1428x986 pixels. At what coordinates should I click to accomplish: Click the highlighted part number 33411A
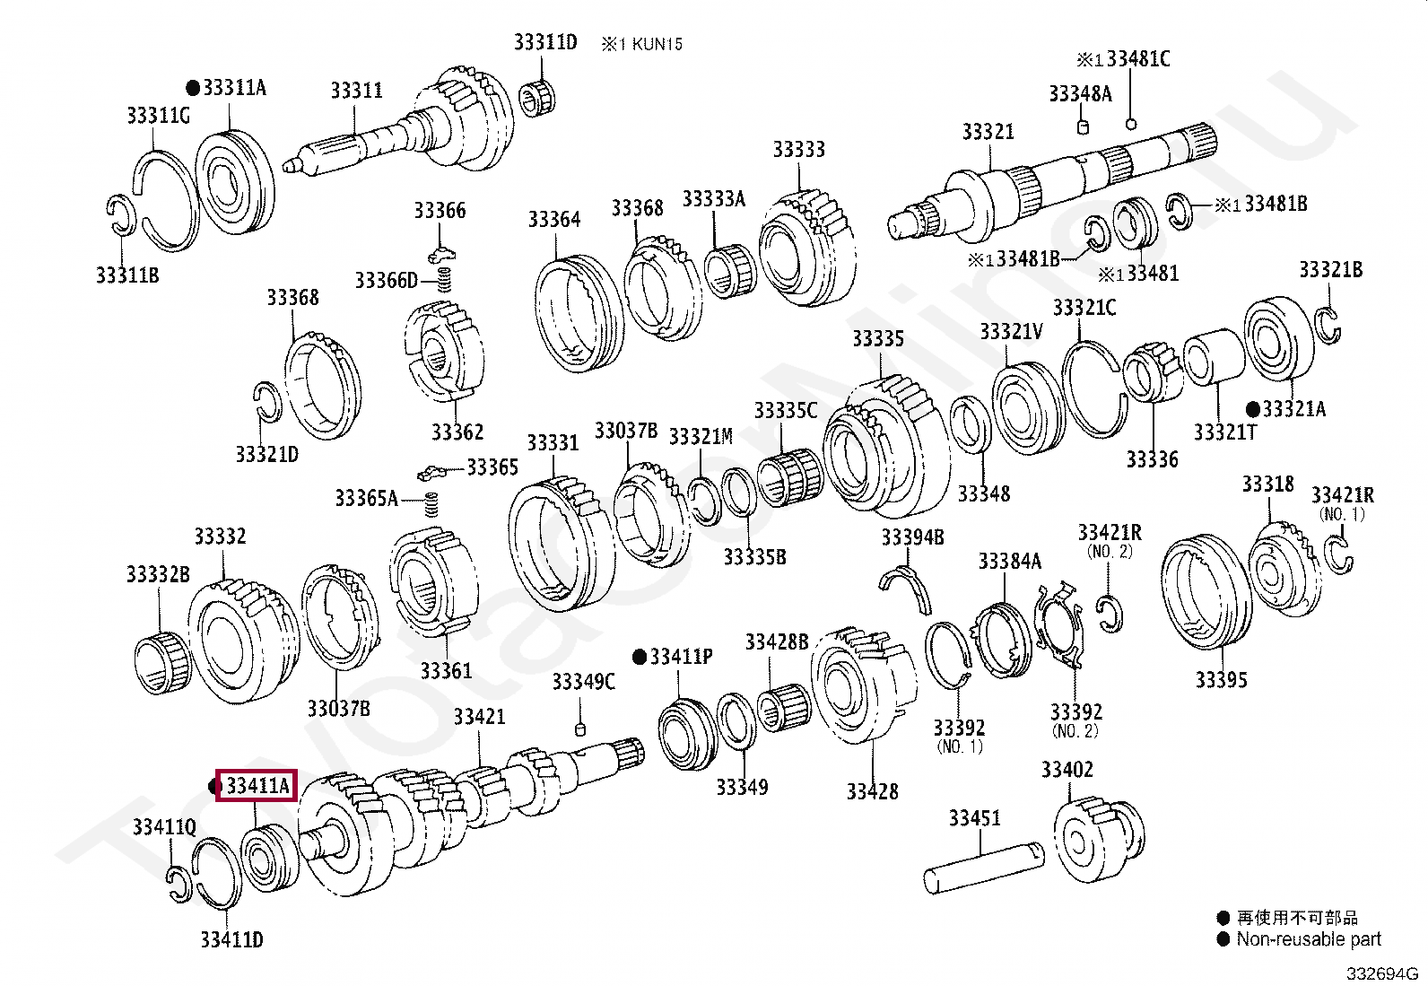[x=257, y=787]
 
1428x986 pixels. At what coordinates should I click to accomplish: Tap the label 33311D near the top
[x=545, y=41]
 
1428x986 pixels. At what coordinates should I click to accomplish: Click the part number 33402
[x=1067, y=770]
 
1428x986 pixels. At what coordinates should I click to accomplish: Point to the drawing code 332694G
[x=1380, y=973]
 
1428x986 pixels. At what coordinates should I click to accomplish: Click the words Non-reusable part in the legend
[x=1309, y=939]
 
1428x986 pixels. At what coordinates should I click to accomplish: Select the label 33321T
[x=1225, y=432]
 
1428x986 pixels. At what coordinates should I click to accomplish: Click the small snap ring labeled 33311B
[x=121, y=217]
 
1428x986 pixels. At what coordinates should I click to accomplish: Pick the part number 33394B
[x=912, y=537]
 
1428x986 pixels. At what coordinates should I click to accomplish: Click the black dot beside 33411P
[x=639, y=657]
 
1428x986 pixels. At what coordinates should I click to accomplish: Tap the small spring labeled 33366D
[x=443, y=280]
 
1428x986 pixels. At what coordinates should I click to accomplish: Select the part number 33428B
[x=777, y=641]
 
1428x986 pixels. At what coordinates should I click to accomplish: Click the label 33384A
[x=1009, y=562]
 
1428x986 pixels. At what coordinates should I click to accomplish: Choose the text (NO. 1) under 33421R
[x=1342, y=514]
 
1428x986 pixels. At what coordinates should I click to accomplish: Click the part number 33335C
[x=785, y=411]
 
